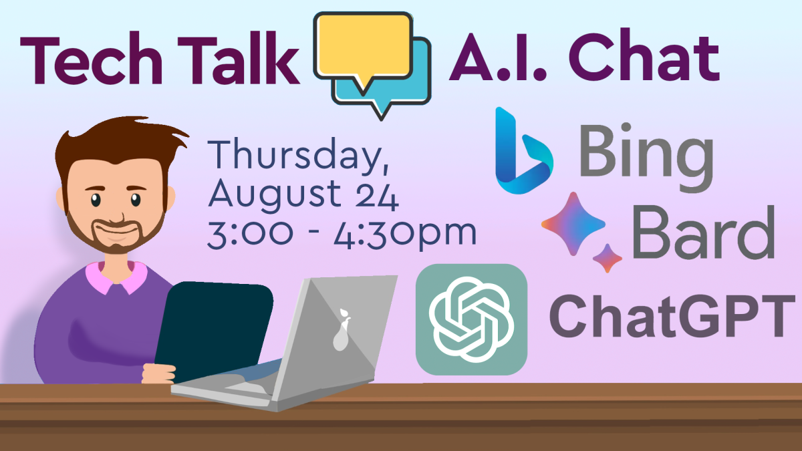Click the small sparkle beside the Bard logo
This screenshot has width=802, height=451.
tap(607, 258)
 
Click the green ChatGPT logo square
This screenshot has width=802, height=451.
tap(471, 319)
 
